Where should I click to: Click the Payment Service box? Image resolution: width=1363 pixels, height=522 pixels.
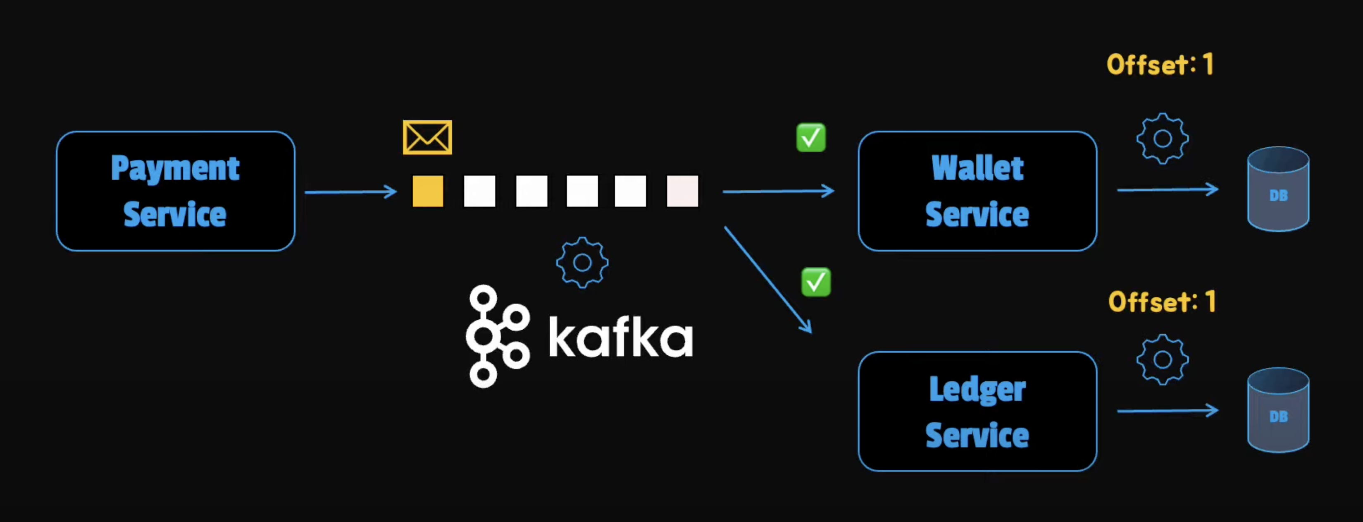pyautogui.click(x=175, y=191)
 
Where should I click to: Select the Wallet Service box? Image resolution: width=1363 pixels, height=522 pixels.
pyautogui.click(x=977, y=191)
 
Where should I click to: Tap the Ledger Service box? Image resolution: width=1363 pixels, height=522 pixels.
pyautogui.click(x=977, y=411)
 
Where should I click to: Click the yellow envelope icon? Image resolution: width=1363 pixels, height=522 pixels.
pyautogui.click(x=427, y=137)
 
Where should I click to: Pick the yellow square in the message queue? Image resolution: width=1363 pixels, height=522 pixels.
pyautogui.click(x=427, y=191)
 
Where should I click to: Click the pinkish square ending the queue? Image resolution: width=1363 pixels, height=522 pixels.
pyautogui.click(x=682, y=191)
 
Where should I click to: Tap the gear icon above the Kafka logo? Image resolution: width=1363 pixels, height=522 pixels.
pyautogui.click(x=582, y=262)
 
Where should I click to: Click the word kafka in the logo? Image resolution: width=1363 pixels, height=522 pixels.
pyautogui.click(x=620, y=337)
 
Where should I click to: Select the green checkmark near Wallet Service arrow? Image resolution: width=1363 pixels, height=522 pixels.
pyautogui.click(x=810, y=138)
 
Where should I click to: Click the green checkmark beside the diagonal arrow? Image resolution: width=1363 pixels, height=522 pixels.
pyautogui.click(x=815, y=282)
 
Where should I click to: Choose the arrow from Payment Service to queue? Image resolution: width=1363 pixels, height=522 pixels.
pyautogui.click(x=350, y=192)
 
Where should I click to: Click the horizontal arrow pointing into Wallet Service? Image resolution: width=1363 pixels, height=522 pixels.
pyautogui.click(x=778, y=191)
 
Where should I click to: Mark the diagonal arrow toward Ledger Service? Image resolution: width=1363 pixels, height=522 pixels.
pyautogui.click(x=767, y=279)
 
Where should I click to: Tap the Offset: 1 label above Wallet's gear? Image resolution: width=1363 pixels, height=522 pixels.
pyautogui.click(x=1160, y=65)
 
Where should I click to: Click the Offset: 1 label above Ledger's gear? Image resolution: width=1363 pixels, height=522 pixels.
pyautogui.click(x=1162, y=302)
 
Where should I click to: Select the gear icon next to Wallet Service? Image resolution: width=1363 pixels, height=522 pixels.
pyautogui.click(x=1162, y=139)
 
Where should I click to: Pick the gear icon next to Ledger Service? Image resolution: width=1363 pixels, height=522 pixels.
pyautogui.click(x=1162, y=359)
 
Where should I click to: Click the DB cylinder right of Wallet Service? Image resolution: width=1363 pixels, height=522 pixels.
pyautogui.click(x=1278, y=189)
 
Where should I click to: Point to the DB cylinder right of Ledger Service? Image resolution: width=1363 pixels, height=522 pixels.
pyautogui.click(x=1278, y=410)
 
